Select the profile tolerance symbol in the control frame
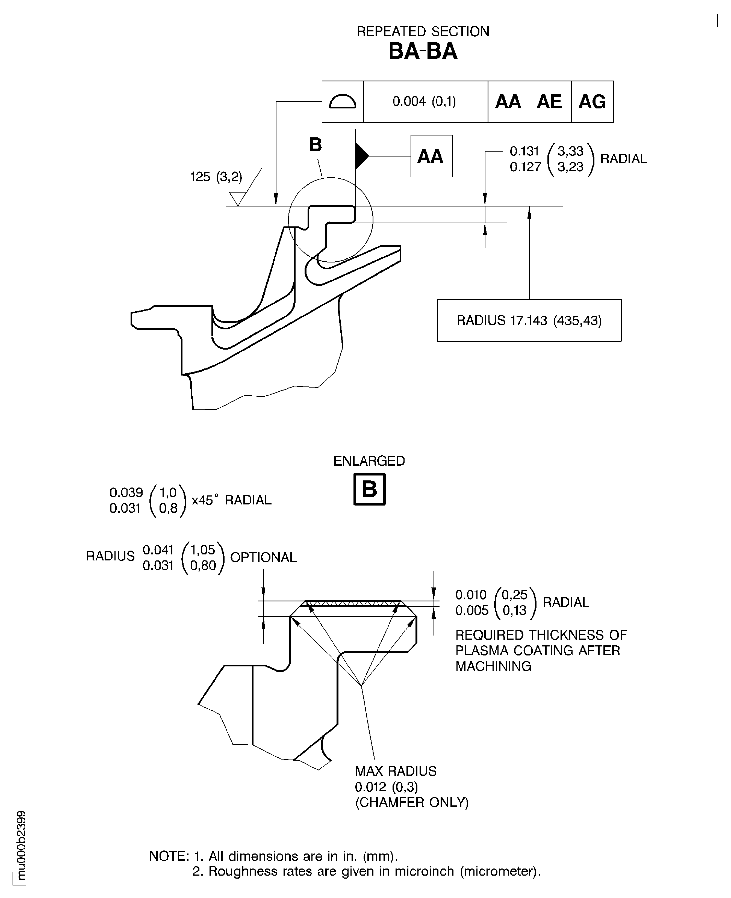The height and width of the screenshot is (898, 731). coord(342,101)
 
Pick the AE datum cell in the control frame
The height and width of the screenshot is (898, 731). coord(550,101)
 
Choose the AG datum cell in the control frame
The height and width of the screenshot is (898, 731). coord(592,101)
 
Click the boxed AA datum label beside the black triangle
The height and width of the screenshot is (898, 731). coord(431,156)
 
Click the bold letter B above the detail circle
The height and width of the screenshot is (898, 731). coord(316,145)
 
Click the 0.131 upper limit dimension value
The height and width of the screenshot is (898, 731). coord(524,151)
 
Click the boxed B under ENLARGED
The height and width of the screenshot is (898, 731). coord(369,489)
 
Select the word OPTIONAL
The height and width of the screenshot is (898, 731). coord(263,557)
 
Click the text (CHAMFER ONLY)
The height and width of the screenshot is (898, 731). coord(411,802)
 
